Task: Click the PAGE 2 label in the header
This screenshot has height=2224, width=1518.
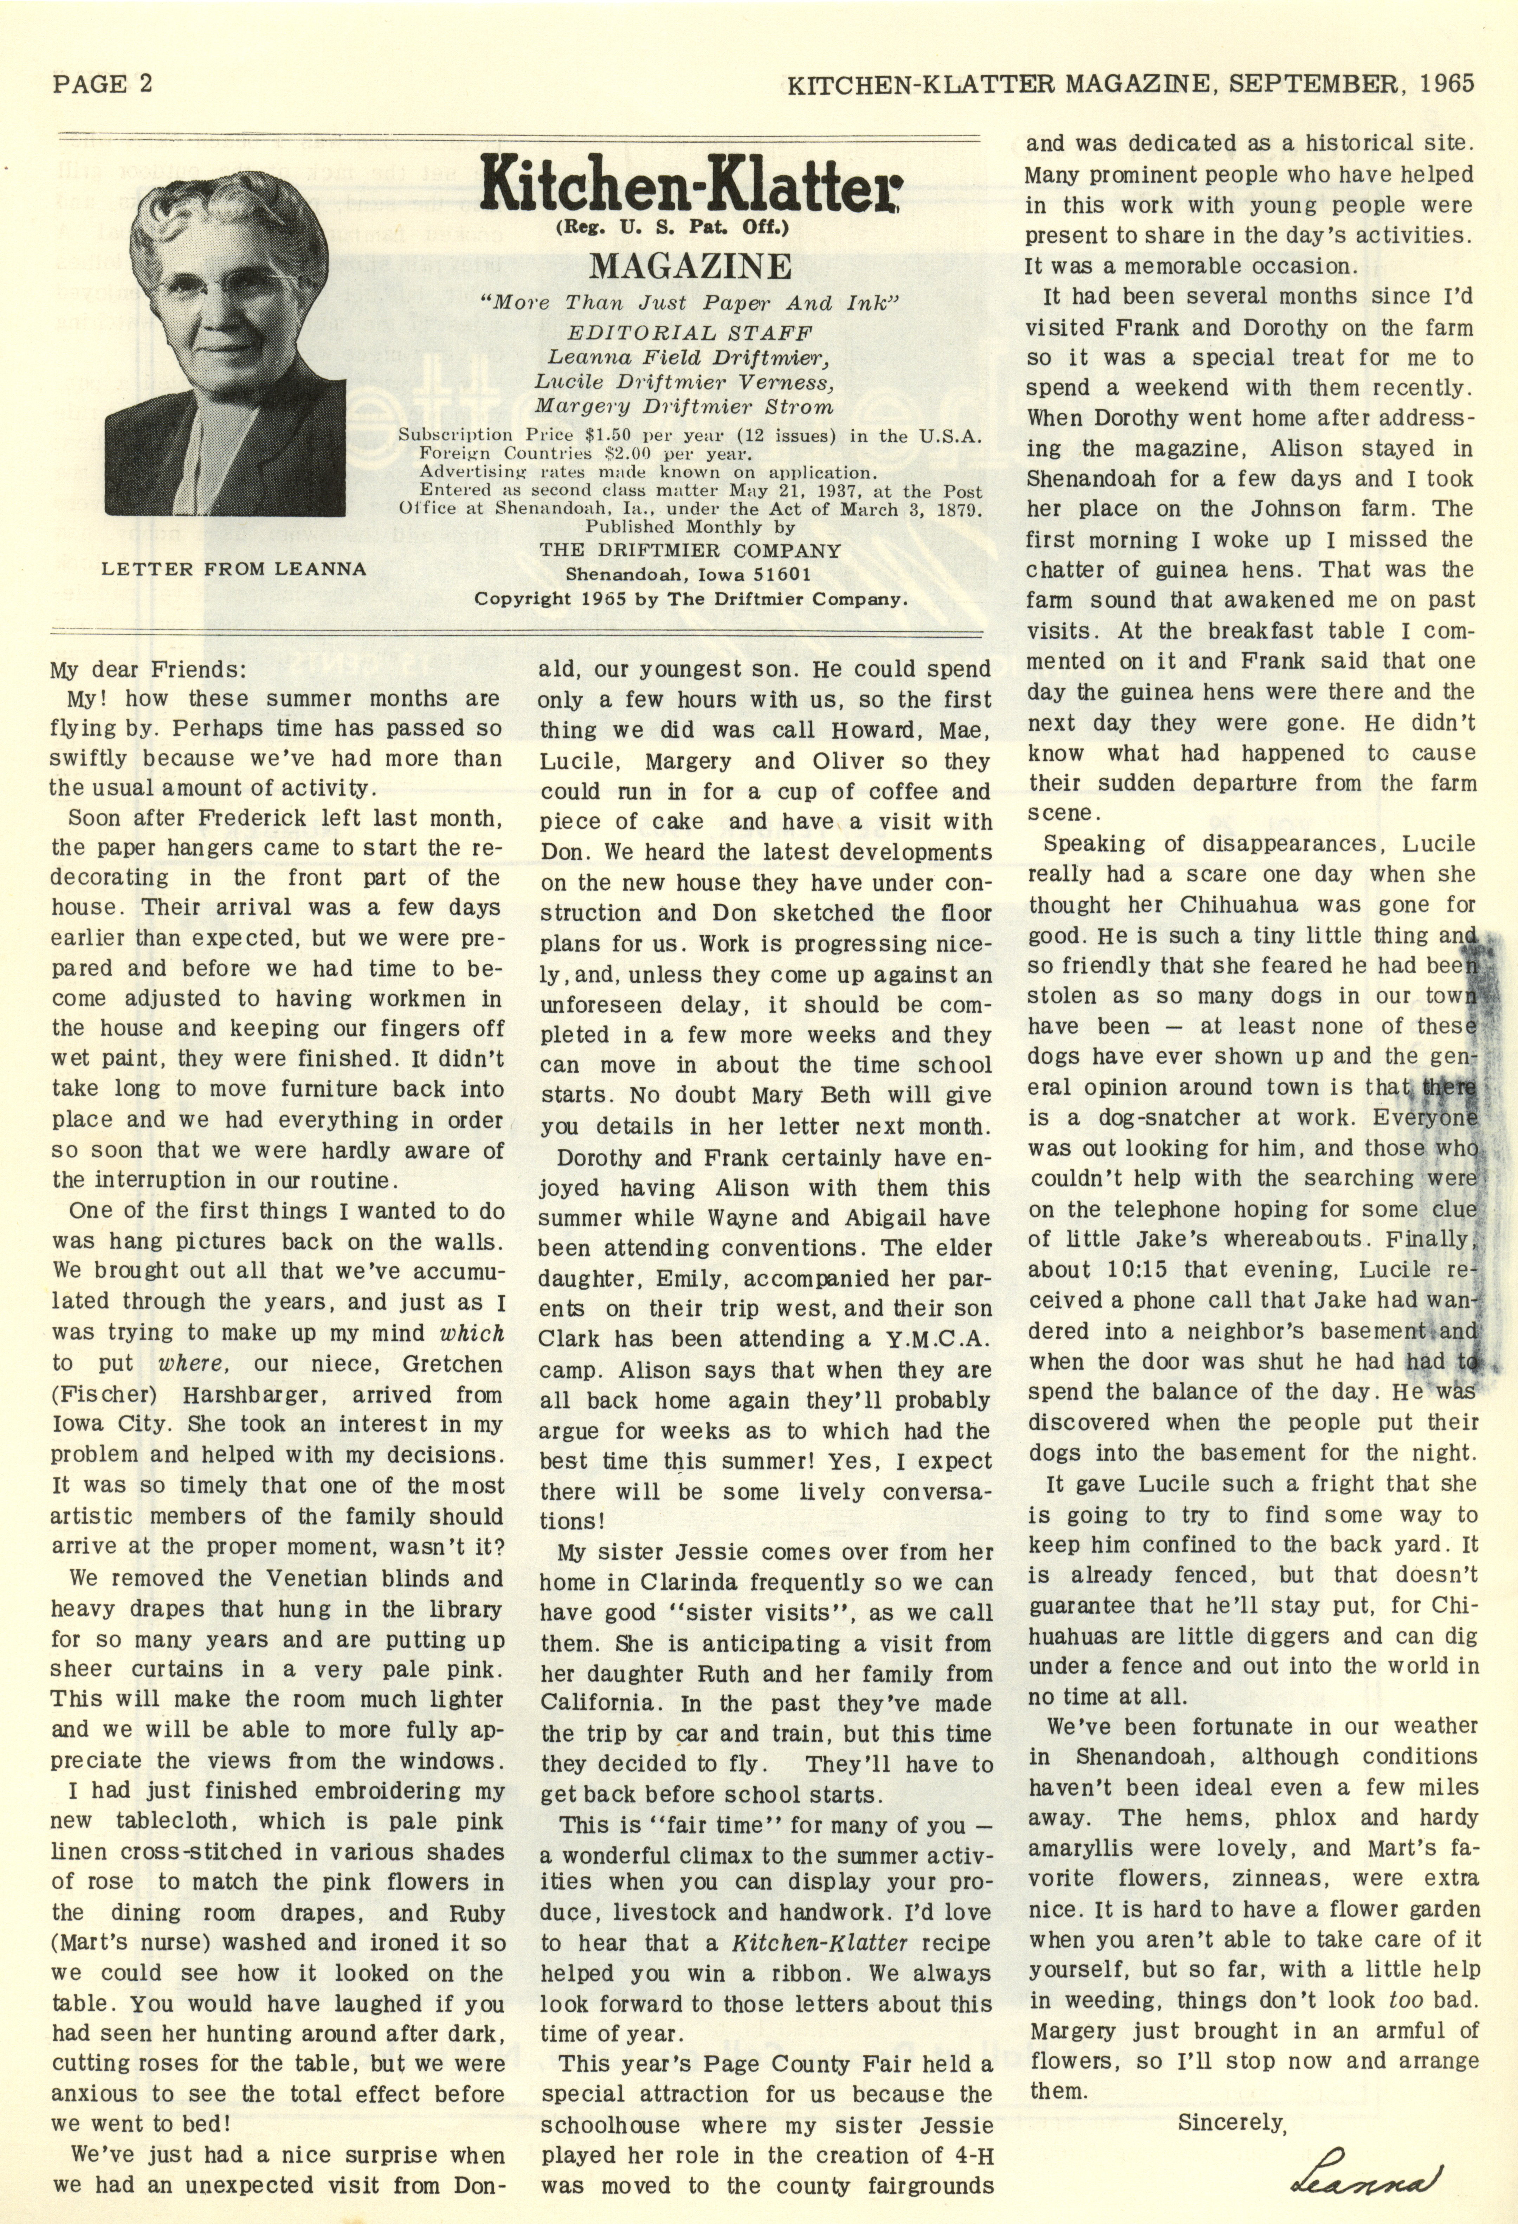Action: pyautogui.click(x=102, y=83)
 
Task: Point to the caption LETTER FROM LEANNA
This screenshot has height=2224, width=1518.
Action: pyautogui.click(x=233, y=568)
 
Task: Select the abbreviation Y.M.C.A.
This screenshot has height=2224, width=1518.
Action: pyautogui.click(x=941, y=1339)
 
